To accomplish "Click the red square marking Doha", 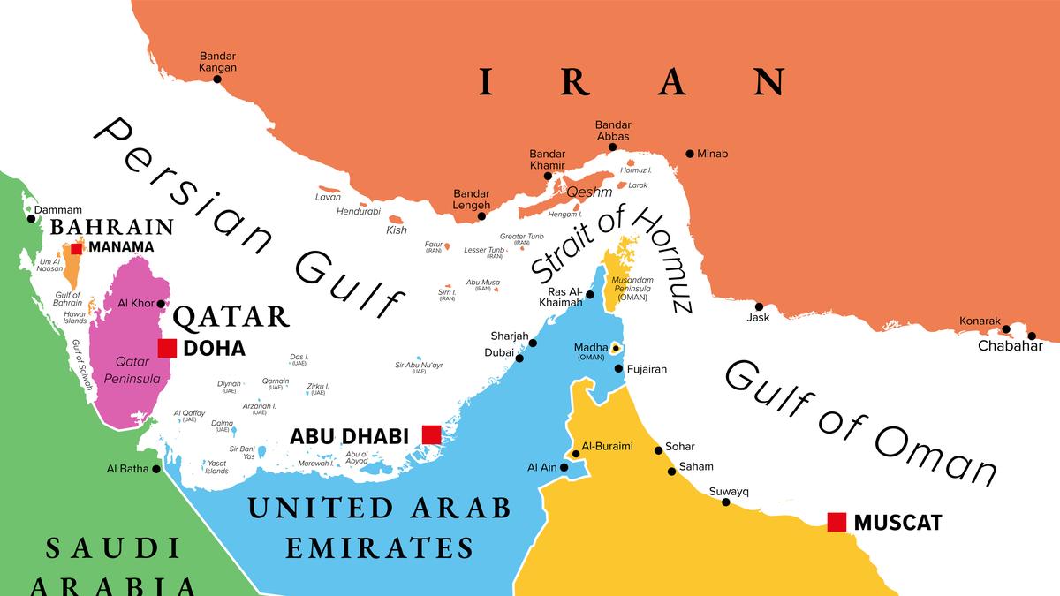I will [x=167, y=348].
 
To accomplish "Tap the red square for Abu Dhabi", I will [x=431, y=434].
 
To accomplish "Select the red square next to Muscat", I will [x=837, y=522].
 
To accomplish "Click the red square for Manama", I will [x=77, y=248].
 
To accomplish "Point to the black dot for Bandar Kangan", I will [x=217, y=79].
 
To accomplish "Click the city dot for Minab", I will [x=690, y=154].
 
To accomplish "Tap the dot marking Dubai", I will [x=519, y=358].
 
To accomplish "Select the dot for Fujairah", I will [x=618, y=369].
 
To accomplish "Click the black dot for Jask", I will [x=758, y=307].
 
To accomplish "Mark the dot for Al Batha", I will [x=156, y=469].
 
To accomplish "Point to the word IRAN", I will [x=632, y=82].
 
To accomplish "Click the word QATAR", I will [x=231, y=316].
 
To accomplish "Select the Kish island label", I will [x=397, y=230].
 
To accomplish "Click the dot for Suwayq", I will [x=726, y=502].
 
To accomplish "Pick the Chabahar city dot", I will [x=1031, y=336].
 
